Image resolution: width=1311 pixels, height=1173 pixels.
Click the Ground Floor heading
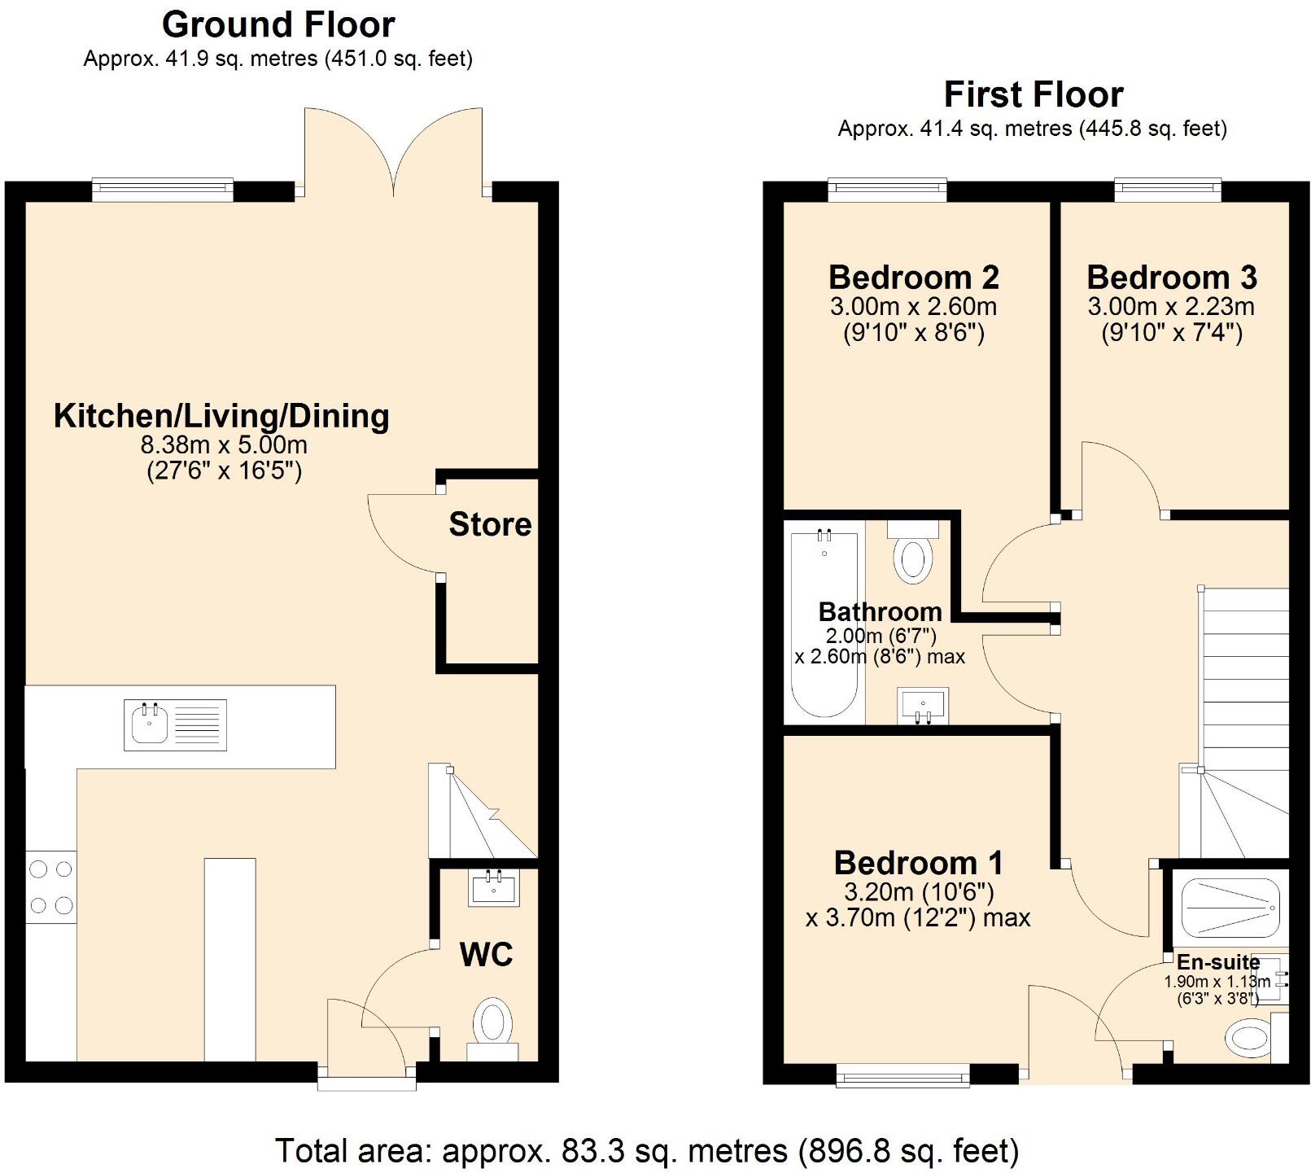pyautogui.click(x=278, y=24)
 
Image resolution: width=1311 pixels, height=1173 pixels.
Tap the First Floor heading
pyautogui.click(x=1033, y=94)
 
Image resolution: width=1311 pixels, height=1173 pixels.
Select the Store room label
pyautogui.click(x=490, y=524)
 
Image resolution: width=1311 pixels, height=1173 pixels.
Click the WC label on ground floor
pyautogui.click(x=486, y=954)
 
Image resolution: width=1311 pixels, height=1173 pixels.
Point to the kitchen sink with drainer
pyautogui.click(x=176, y=724)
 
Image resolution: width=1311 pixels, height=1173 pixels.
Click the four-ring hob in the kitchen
pyautogui.click(x=50, y=886)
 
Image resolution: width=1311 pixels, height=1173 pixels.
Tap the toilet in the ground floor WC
pyautogui.click(x=492, y=1024)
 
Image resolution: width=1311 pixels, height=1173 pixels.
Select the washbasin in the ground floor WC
pyautogui.click(x=494, y=888)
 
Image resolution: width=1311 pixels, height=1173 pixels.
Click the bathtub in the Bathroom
pyautogui.click(x=824, y=624)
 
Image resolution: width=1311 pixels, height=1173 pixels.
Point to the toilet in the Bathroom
pyautogui.click(x=912, y=556)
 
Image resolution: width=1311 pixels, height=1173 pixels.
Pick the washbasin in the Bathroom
pyautogui.click(x=922, y=705)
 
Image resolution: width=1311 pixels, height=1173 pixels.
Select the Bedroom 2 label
pyautogui.click(x=913, y=278)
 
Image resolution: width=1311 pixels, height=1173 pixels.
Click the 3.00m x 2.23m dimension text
pyautogui.click(x=1170, y=307)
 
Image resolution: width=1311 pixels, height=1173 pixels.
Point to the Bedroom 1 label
pyautogui.click(x=918, y=863)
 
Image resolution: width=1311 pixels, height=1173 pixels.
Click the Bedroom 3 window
pyautogui.click(x=1167, y=190)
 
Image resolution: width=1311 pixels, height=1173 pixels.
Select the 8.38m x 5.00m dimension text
pyautogui.click(x=224, y=445)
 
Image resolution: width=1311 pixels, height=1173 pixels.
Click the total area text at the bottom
pyautogui.click(x=647, y=1151)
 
